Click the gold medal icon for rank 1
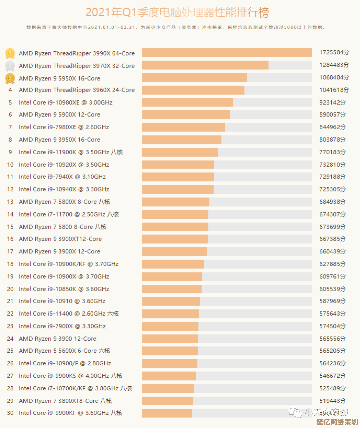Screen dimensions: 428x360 tap(10, 53)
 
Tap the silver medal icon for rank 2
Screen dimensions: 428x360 tap(10, 66)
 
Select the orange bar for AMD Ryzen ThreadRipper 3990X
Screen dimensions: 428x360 tap(227, 53)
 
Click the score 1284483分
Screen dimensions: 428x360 tap(334, 65)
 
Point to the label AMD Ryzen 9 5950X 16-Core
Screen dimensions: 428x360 tap(59, 79)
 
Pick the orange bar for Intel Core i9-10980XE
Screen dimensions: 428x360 tap(187, 102)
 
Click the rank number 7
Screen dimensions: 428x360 tap(10, 127)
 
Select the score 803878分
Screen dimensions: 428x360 tap(332, 140)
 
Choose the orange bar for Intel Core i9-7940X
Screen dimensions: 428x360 tap(178, 177)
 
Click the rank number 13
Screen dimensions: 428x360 tap(10, 202)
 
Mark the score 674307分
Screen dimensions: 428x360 tap(332, 214)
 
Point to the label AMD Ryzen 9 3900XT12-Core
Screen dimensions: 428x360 tap(60, 239)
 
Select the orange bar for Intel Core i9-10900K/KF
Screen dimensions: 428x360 tap(173, 264)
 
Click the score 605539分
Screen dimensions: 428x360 tap(332, 289)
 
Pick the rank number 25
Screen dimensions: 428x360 tap(10, 351)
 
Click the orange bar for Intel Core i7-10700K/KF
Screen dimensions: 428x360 tap(168, 388)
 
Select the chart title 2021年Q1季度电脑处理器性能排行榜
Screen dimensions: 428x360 tap(177, 13)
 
